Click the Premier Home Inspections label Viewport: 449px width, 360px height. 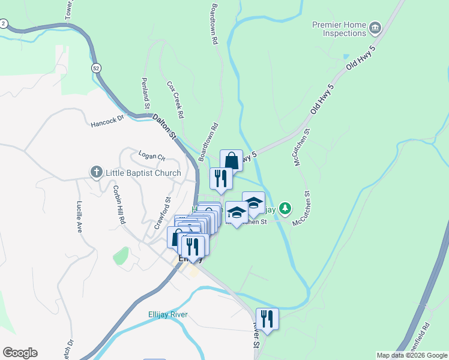click(x=339, y=30)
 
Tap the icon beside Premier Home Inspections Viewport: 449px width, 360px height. click(x=376, y=28)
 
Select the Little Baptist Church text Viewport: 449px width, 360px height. click(x=143, y=173)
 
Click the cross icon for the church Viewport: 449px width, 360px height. click(x=95, y=173)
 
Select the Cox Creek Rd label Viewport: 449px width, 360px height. click(x=175, y=99)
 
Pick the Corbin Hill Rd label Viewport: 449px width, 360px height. click(x=118, y=204)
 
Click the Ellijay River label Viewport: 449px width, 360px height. click(x=167, y=314)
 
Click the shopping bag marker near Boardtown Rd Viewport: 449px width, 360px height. click(x=231, y=161)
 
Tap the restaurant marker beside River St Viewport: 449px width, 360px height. click(x=267, y=319)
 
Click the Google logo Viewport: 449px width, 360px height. click(x=20, y=353)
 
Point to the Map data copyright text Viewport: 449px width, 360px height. click(x=412, y=355)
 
